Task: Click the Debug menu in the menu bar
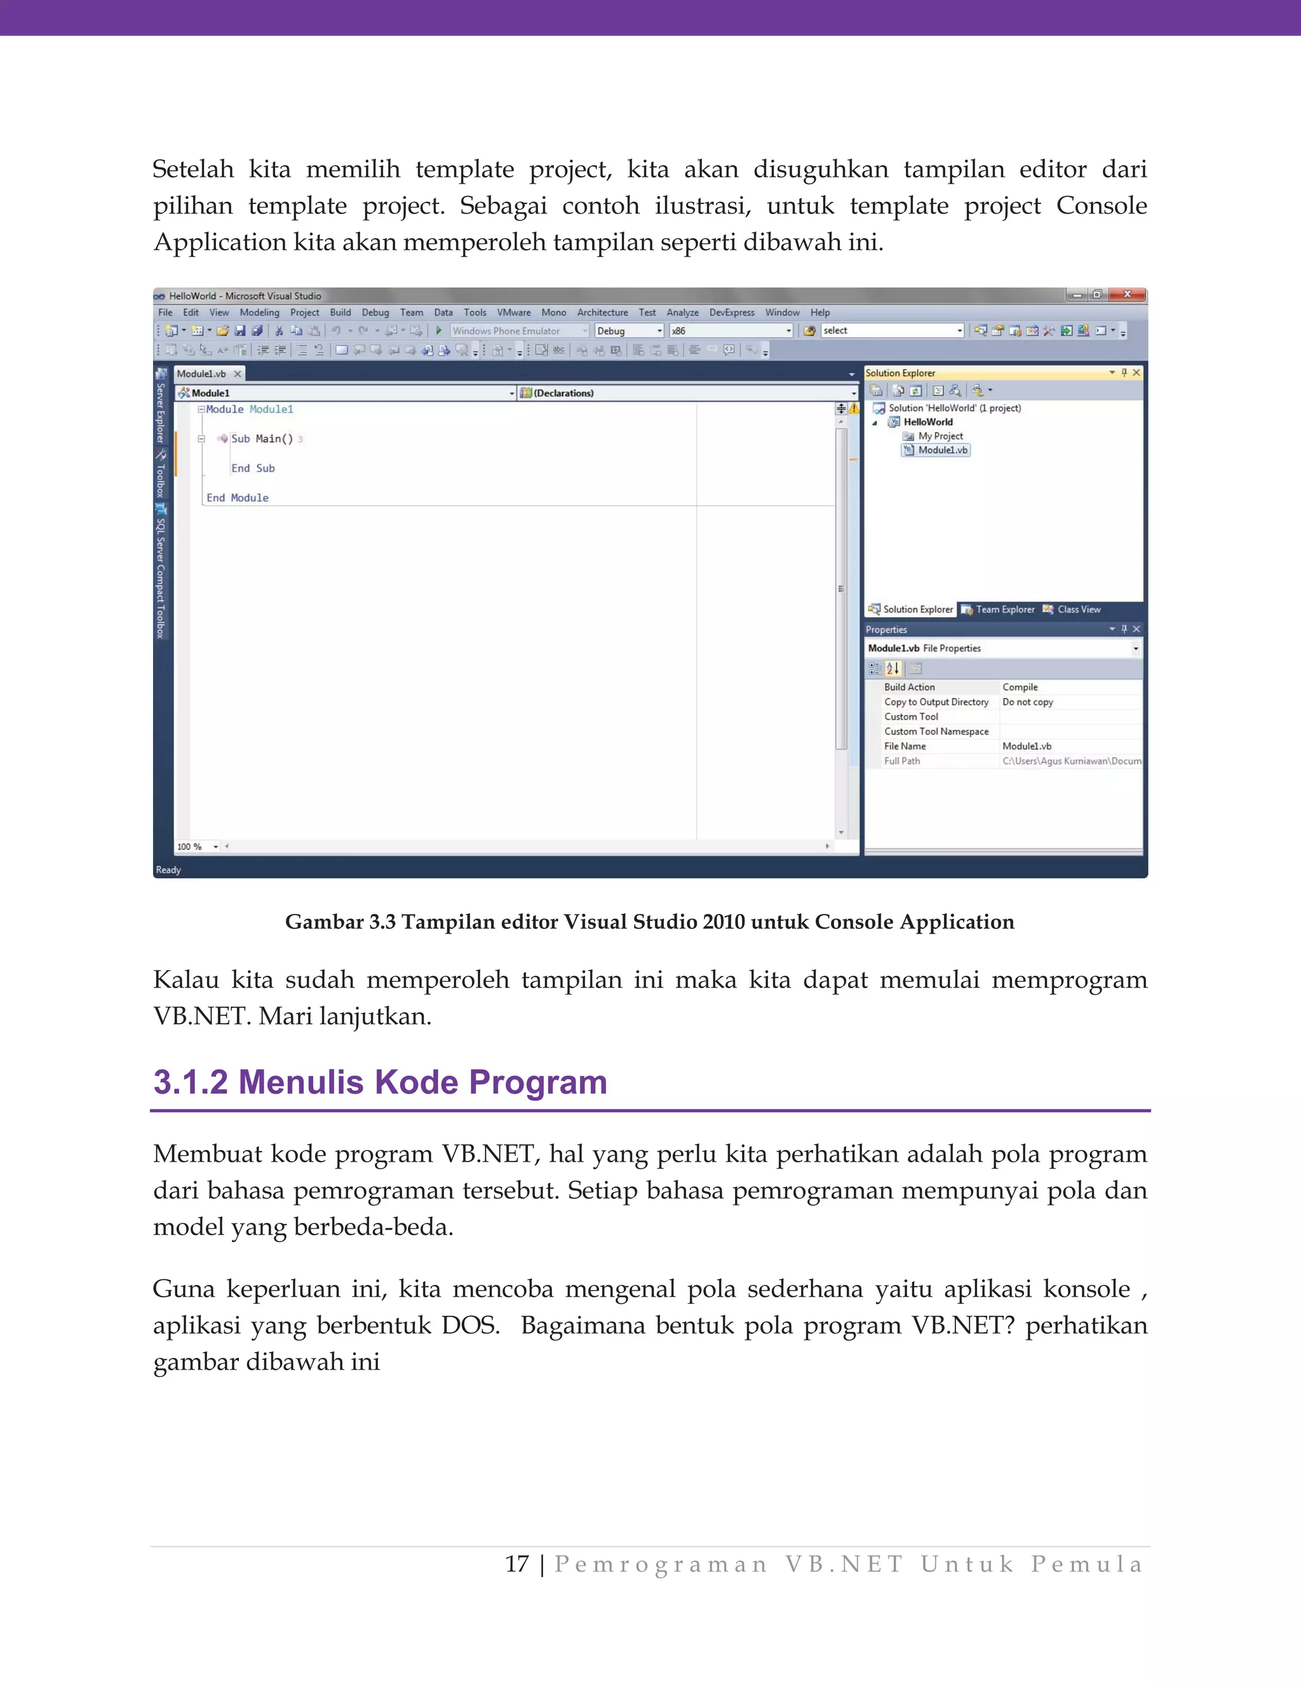pyautogui.click(x=375, y=312)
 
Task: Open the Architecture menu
pyautogui.click(x=602, y=312)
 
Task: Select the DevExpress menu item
pyautogui.click(x=731, y=312)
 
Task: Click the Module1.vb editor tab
pyautogui.click(x=201, y=373)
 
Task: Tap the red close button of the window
pyautogui.click(x=1128, y=295)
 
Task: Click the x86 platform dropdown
pyautogui.click(x=731, y=331)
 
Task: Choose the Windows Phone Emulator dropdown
pyautogui.click(x=520, y=331)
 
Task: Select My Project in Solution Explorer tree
pyautogui.click(x=940, y=436)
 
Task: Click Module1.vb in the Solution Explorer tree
pyautogui.click(x=942, y=450)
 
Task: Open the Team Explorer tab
pyautogui.click(x=1004, y=610)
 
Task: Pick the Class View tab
pyautogui.click(x=1078, y=610)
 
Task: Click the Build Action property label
pyautogui.click(x=910, y=687)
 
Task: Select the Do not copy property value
pyautogui.click(x=1027, y=702)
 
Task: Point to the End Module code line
pyautogui.click(x=238, y=498)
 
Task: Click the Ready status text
pyautogui.click(x=168, y=870)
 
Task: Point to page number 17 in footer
pyautogui.click(x=516, y=1564)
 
